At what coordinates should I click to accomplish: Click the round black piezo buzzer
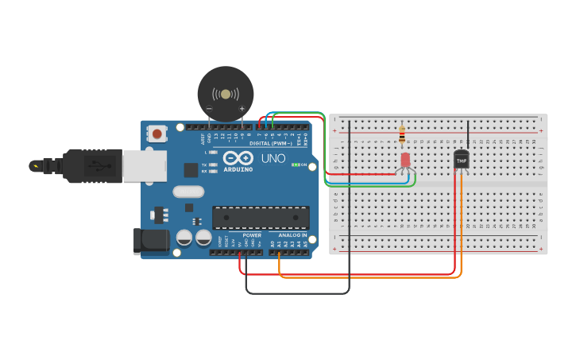pyautogui.click(x=226, y=94)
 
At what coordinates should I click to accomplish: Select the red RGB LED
pyautogui.click(x=405, y=160)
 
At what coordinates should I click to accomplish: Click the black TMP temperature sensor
pyautogui.click(x=461, y=160)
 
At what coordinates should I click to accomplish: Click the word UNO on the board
pyautogui.click(x=273, y=158)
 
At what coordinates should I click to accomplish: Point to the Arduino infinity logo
pyautogui.click(x=238, y=157)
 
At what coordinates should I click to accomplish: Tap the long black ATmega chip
pyautogui.click(x=261, y=218)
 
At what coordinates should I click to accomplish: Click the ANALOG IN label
pyautogui.click(x=292, y=235)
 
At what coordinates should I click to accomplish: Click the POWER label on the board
pyautogui.click(x=252, y=235)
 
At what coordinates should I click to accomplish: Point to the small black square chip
pyautogui.click(x=191, y=169)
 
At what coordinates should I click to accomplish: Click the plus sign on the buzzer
pyautogui.click(x=242, y=108)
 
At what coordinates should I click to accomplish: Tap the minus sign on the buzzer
pyautogui.click(x=209, y=108)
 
